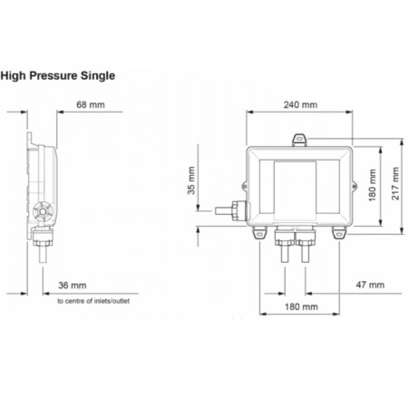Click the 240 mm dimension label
tap(300, 105)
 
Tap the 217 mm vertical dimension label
tap(395, 183)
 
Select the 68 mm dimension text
tap(91, 105)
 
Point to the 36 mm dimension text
tap(73, 286)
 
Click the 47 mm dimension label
tap(370, 285)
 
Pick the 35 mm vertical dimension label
tap(191, 180)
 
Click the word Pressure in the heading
tap(53, 75)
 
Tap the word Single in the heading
tap(98, 76)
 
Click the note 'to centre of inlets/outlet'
tap(93, 301)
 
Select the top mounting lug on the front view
tap(299, 140)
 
